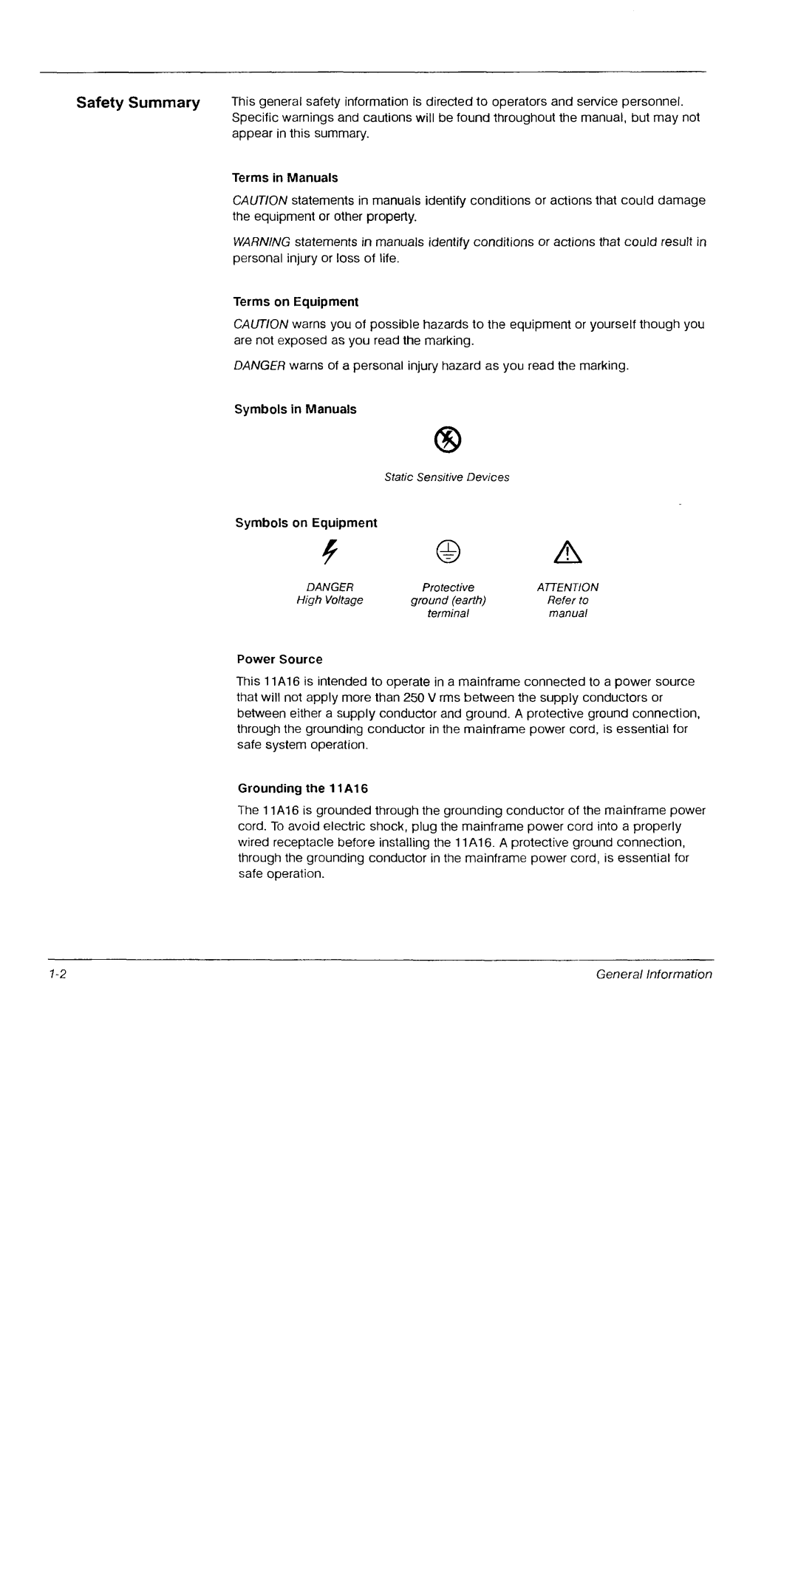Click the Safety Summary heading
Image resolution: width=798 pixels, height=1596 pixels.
pyautogui.click(x=138, y=103)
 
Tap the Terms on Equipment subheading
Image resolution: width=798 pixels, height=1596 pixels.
pyautogui.click(x=296, y=302)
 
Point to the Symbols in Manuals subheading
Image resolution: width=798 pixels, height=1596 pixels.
pyautogui.click(x=296, y=409)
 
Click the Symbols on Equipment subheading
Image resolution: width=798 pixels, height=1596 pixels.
pyautogui.click(x=306, y=523)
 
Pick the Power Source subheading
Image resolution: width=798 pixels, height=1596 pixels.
pyautogui.click(x=279, y=659)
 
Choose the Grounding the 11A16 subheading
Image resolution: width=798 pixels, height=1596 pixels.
pyautogui.click(x=302, y=788)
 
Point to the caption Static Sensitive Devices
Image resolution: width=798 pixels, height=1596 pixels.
pyautogui.click(x=447, y=477)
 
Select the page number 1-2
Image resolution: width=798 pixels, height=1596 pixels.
pyautogui.click(x=59, y=974)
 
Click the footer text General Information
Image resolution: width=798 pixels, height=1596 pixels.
pyautogui.click(x=654, y=974)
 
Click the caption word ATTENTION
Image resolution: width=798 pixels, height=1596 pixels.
pyautogui.click(x=567, y=587)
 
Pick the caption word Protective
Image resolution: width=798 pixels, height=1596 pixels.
pyautogui.click(x=448, y=587)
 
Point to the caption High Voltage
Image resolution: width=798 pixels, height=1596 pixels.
pyautogui.click(x=330, y=600)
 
